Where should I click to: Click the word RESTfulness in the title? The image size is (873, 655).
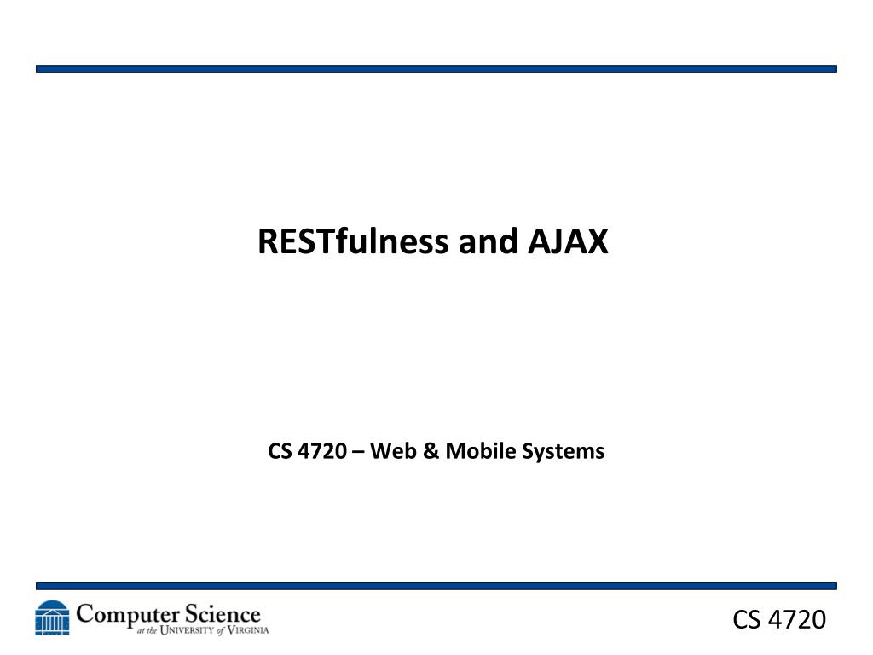tap(353, 241)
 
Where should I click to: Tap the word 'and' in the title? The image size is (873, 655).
tap(488, 241)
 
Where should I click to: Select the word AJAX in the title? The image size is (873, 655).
tap(567, 241)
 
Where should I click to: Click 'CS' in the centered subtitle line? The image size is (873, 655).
tap(280, 450)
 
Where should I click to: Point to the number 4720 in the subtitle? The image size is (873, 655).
tap(322, 450)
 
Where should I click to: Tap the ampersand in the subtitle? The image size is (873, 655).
tap(431, 450)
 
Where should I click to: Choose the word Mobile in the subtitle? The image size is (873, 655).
tap(481, 450)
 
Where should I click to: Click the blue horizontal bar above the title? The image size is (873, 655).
tap(436, 69)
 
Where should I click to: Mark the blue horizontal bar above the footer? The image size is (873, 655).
tap(436, 586)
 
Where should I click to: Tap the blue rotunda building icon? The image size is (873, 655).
tap(52, 617)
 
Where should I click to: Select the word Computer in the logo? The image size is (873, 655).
tap(128, 616)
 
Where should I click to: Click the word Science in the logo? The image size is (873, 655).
tap(223, 614)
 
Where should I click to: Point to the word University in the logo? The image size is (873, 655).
tap(187, 630)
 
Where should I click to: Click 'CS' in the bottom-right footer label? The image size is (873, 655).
tap(747, 619)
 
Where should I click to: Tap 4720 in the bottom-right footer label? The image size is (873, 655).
tap(797, 619)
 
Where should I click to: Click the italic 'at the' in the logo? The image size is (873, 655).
tap(147, 630)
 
